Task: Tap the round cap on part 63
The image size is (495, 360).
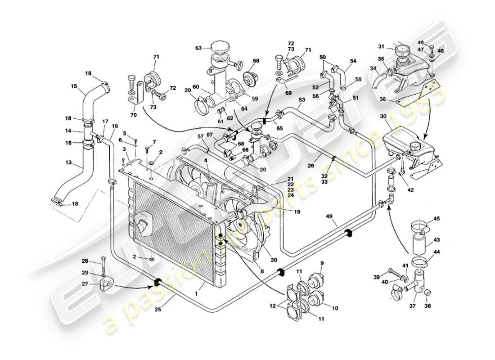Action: pyautogui.click(x=220, y=47)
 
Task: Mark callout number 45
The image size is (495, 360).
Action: pyautogui.click(x=436, y=219)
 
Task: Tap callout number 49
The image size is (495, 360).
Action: pyautogui.click(x=330, y=216)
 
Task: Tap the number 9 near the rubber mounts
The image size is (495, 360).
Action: pyautogui.click(x=322, y=263)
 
